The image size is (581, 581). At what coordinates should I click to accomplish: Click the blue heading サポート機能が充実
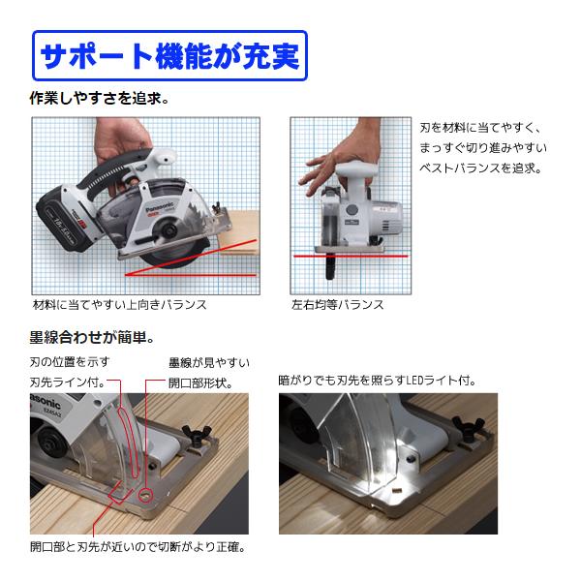point(169,55)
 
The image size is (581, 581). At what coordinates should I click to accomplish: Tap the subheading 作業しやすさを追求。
point(100,99)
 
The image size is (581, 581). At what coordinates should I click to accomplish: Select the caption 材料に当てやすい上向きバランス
point(119,305)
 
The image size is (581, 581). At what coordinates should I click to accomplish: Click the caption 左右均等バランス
point(337,305)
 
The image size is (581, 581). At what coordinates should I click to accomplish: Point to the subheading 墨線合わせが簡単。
point(92,338)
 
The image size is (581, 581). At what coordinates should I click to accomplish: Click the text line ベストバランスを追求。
point(480,168)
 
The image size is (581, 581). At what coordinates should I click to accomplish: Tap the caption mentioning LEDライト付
point(377,381)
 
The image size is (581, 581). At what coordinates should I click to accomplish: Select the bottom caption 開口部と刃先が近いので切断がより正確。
point(138,546)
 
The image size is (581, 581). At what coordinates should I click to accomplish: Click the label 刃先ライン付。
point(68,382)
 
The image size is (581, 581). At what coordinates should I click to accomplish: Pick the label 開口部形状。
point(200,382)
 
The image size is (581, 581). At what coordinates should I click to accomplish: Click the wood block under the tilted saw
point(239,232)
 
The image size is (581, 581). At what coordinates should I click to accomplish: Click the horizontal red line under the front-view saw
point(351,256)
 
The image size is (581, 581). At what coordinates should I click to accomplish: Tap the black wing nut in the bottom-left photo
point(197,436)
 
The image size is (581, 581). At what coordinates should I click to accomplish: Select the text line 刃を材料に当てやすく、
point(480,128)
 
